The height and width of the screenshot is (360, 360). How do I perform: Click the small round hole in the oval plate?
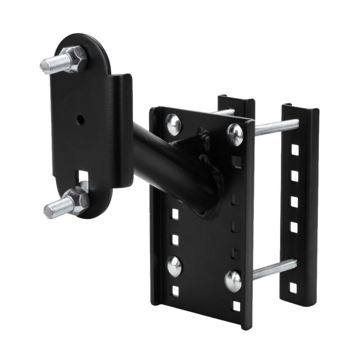click(x=80, y=120)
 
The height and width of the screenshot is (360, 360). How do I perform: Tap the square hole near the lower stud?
click(x=83, y=175)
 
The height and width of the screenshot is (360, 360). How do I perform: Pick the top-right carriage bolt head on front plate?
click(x=234, y=134)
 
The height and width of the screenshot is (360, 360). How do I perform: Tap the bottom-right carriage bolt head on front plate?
click(x=233, y=281)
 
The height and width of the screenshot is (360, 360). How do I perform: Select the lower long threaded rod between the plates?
click(x=274, y=269)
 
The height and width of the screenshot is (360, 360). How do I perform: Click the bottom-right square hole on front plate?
click(x=236, y=306)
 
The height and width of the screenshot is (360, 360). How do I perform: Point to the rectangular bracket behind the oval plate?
click(x=122, y=130)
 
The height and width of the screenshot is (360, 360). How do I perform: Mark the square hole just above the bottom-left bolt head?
click(x=175, y=238)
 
